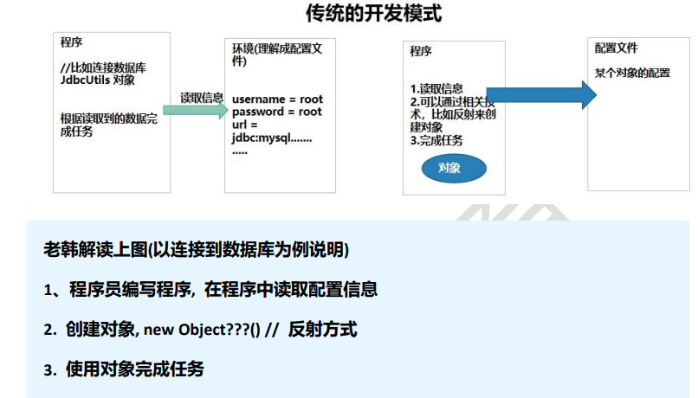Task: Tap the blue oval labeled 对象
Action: point(449,168)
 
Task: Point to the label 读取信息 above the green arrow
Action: point(201,96)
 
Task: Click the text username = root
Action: point(277,100)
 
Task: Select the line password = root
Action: point(277,112)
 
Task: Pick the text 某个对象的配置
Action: point(632,73)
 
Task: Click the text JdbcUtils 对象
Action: point(97,80)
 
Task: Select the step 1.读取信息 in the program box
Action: point(436,88)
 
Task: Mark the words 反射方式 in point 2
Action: point(322,330)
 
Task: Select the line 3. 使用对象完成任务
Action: point(125,369)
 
